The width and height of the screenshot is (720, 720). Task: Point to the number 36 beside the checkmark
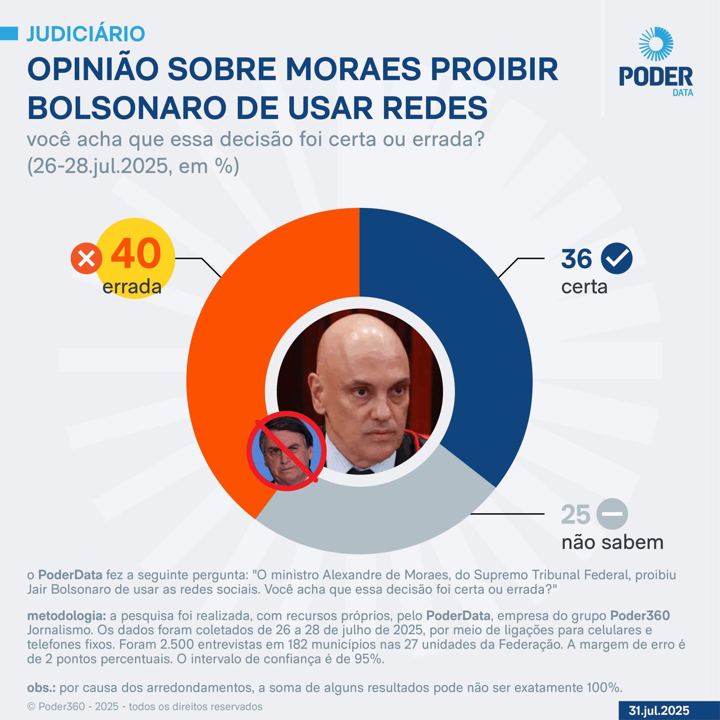pyautogui.click(x=576, y=259)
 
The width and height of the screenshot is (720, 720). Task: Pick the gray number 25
pyautogui.click(x=575, y=515)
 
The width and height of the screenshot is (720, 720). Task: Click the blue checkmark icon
pyautogui.click(x=617, y=258)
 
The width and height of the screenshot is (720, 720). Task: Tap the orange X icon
pyautogui.click(x=86, y=258)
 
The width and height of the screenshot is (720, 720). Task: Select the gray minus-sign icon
pyautogui.click(x=612, y=514)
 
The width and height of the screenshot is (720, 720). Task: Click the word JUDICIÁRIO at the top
pyautogui.click(x=86, y=34)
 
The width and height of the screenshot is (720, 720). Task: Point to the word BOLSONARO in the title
pyautogui.click(x=127, y=108)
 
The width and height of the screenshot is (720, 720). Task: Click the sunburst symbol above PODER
pyautogui.click(x=656, y=44)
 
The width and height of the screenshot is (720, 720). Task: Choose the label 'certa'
pyautogui.click(x=584, y=287)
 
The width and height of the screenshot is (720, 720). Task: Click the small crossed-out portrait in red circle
pyautogui.click(x=286, y=451)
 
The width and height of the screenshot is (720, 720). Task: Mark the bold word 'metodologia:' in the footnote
pyautogui.click(x=67, y=616)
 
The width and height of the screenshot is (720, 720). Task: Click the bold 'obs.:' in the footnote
pyautogui.click(x=41, y=688)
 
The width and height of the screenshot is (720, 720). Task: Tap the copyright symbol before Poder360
pyautogui.click(x=31, y=706)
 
